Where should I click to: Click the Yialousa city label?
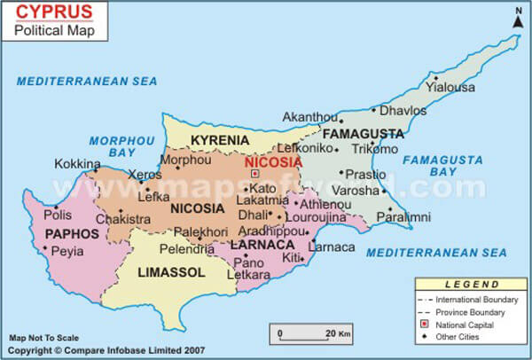pos(450,87)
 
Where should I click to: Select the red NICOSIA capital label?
pos(273,163)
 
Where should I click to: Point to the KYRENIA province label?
pos(220,141)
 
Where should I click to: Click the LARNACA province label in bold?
pos(262,244)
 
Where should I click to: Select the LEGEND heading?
pos(471,284)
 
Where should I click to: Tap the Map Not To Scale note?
pos(43,338)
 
